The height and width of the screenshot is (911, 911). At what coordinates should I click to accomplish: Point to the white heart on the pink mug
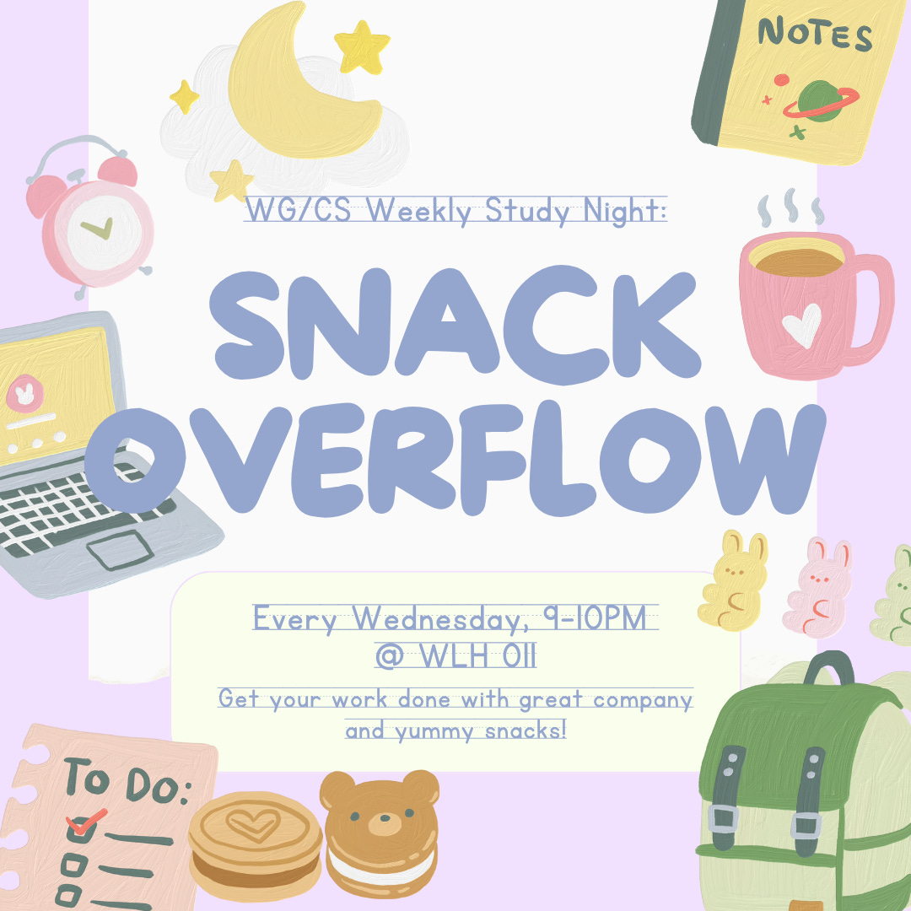pos(801,323)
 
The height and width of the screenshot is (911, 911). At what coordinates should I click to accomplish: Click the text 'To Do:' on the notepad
pos(127,783)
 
